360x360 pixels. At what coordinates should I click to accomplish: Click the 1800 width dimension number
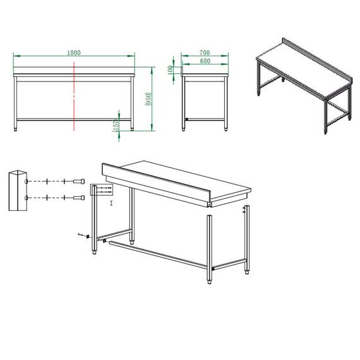[x=75, y=53]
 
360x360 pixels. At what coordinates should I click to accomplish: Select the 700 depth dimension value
[x=205, y=52]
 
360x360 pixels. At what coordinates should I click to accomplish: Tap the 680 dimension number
[x=205, y=61]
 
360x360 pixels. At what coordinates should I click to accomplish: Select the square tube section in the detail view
[x=17, y=189]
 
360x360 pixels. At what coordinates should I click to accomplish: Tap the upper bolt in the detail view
[x=78, y=181]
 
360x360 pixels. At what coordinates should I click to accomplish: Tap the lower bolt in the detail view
[x=78, y=198]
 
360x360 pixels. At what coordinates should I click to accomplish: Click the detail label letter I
[x=111, y=203]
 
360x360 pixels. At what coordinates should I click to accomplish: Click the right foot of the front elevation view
[x=133, y=129]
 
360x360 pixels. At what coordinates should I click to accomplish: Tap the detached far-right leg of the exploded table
[x=247, y=240]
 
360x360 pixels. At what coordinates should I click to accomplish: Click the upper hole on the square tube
[x=25, y=181]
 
